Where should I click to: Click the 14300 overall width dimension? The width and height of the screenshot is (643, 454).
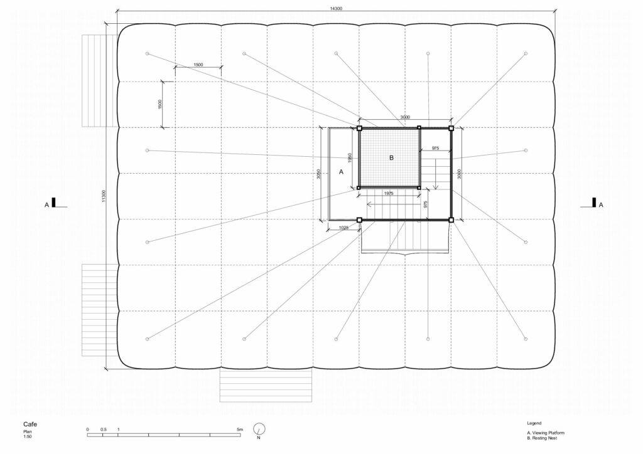[x=336, y=9]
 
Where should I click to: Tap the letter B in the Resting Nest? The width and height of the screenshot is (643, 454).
[x=391, y=157]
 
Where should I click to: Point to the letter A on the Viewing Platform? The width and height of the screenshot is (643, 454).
[x=341, y=172]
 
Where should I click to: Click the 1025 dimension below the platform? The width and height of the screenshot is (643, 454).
[x=343, y=227]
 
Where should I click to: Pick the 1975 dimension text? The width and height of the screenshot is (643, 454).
[x=388, y=193]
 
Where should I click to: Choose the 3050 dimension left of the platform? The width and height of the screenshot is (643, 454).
[x=319, y=174]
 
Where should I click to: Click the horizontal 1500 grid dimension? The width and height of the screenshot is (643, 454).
[x=198, y=65]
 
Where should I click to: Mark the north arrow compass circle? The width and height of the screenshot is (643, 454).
[x=259, y=429]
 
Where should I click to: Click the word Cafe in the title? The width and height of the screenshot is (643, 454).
[x=30, y=424]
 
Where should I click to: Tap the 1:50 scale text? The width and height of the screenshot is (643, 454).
[x=28, y=436]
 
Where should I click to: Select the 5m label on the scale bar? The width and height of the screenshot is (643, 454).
[x=240, y=430]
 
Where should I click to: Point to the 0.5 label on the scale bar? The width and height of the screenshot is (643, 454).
[x=104, y=430]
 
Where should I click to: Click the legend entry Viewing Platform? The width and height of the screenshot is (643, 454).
[x=546, y=433]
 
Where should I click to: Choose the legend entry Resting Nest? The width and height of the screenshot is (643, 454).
[x=542, y=438]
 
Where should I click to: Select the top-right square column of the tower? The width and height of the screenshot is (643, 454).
[x=451, y=128]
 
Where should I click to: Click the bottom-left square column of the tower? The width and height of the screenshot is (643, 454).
[x=359, y=220]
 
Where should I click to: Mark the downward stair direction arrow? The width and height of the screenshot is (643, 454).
[x=436, y=174]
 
